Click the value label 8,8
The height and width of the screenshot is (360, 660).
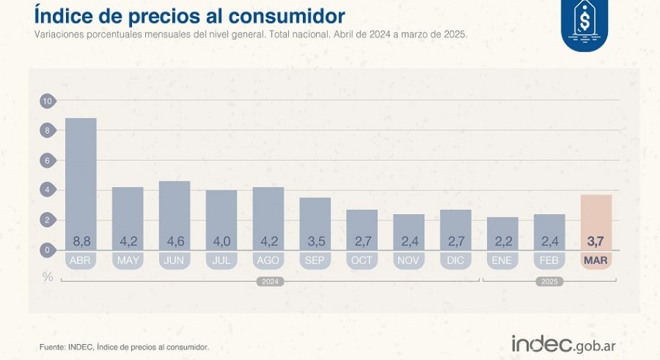point(81,242)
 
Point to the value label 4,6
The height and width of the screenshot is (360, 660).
point(174,242)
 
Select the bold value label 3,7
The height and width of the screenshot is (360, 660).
point(596,242)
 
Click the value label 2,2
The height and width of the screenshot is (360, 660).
point(502,242)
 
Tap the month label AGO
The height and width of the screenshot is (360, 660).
point(268,261)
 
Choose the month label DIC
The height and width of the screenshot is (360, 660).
point(456,261)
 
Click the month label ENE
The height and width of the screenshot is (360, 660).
point(502,261)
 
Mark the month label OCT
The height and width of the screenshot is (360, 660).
point(362,261)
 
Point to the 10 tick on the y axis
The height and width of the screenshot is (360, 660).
point(47,101)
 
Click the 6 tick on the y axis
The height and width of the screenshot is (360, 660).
point(47,161)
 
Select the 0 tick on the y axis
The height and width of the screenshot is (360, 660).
point(47,249)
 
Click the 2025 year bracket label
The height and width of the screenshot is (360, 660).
point(549,281)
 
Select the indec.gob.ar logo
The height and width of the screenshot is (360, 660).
point(563,343)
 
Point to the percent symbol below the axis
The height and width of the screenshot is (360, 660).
point(47,277)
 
